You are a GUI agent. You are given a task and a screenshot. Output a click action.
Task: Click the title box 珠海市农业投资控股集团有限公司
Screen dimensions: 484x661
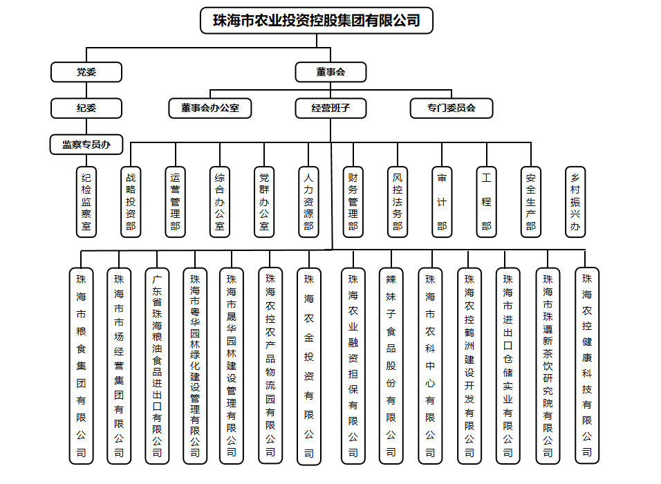click(317, 21)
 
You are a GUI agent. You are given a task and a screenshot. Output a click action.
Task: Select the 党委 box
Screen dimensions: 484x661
click(86, 72)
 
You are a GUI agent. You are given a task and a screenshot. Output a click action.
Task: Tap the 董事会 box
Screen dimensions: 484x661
click(330, 72)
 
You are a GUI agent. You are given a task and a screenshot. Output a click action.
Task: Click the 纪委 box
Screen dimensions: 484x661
click(86, 109)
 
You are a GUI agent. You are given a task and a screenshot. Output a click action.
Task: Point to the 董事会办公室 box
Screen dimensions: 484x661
click(210, 109)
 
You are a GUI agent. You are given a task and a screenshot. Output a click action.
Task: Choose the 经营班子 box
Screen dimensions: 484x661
click(330, 109)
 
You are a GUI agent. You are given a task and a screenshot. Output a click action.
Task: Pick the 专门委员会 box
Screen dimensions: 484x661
click(451, 109)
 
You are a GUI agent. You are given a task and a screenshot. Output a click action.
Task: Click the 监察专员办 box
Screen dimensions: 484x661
click(86, 145)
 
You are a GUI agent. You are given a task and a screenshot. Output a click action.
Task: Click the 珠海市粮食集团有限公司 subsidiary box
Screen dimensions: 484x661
click(81, 366)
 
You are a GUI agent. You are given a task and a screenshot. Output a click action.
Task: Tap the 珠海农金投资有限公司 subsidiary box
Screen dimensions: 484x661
click(309, 366)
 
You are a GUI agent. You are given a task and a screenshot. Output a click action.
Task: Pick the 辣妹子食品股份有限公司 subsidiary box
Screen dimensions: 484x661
click(391, 366)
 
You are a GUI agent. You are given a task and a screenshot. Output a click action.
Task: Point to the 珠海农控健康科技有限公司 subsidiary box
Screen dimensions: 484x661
click(587, 366)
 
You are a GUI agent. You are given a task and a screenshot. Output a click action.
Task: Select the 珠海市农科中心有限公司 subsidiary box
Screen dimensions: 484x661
click(430, 366)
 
